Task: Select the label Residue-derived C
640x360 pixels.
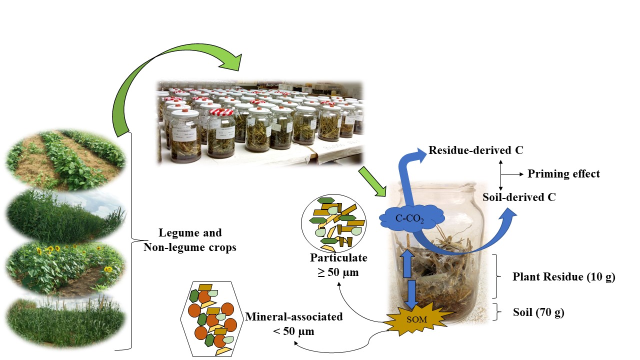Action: [475, 150]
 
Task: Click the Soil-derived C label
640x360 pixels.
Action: [519, 197]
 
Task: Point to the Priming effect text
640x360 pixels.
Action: [563, 174]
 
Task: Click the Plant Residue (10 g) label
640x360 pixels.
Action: [564, 276]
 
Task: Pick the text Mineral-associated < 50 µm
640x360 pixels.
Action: [294, 323]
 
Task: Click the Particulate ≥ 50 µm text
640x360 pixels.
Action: [338, 265]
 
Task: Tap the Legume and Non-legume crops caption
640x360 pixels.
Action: [190, 240]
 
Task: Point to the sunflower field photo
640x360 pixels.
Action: [65, 265]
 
